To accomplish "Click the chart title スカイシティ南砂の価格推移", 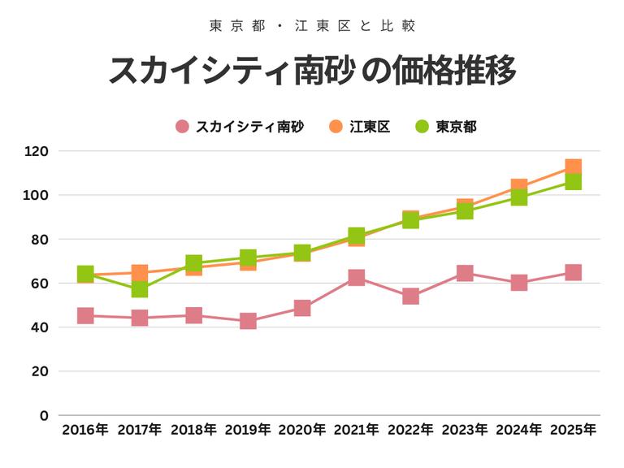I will coord(312,71).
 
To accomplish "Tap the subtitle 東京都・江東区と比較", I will coord(312,26).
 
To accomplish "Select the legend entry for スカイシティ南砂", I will coord(240,126).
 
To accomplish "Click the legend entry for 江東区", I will coord(360,126).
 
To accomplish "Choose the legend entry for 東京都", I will coord(446,126).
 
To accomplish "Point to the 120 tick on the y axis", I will coord(37,151).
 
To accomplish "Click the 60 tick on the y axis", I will coord(40,284).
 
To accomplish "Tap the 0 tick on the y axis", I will coord(44,415).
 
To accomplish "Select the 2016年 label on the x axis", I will coord(85,430).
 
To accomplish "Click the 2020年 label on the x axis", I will coord(302,430).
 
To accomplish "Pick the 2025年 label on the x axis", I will coord(573,430).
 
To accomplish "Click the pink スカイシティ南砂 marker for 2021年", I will coord(356,278).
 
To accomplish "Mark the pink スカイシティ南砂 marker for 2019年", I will coord(248,321).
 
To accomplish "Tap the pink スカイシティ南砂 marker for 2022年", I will coord(410,296).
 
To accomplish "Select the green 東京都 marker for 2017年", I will coord(140,289).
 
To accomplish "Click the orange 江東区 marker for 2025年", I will coord(573,167).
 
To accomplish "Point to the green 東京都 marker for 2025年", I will coord(573,182).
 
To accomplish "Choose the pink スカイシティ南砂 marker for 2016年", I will coord(85,315).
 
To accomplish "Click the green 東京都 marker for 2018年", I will coord(193,263).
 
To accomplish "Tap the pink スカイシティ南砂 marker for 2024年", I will coord(518,283).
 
